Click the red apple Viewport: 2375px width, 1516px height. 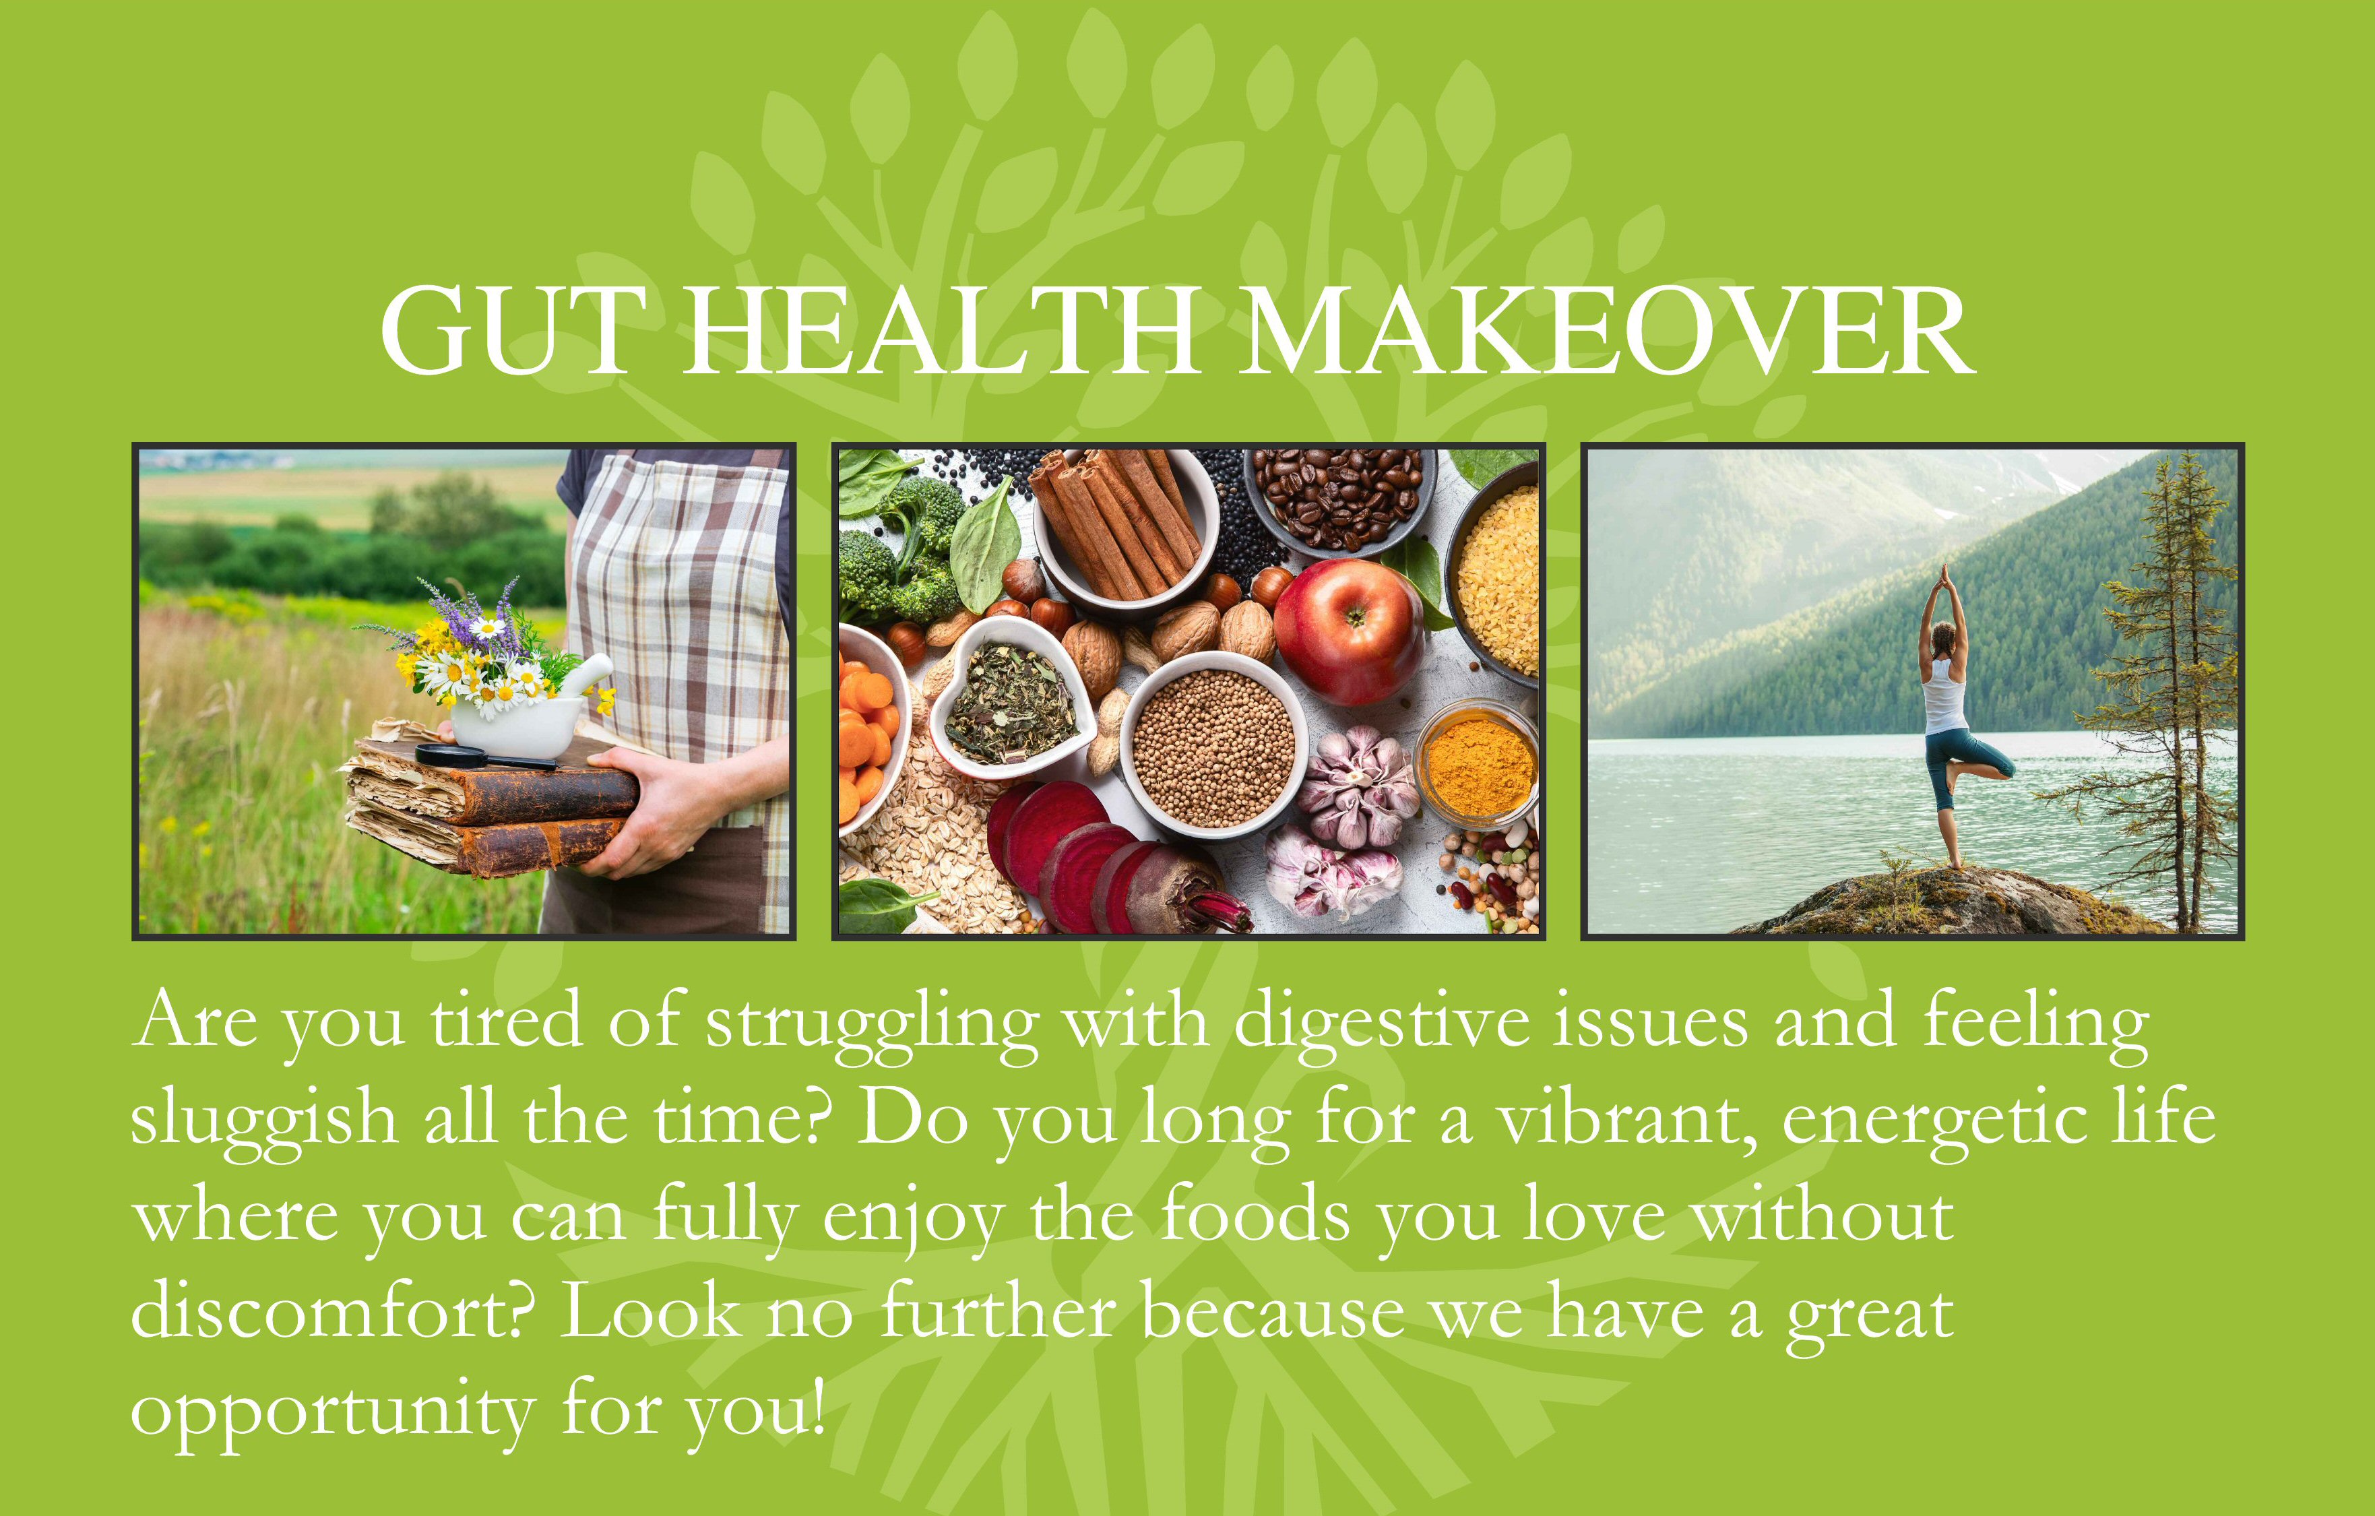1348,632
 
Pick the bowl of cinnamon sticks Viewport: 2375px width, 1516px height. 1125,528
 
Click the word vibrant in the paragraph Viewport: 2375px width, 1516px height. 1627,1120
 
